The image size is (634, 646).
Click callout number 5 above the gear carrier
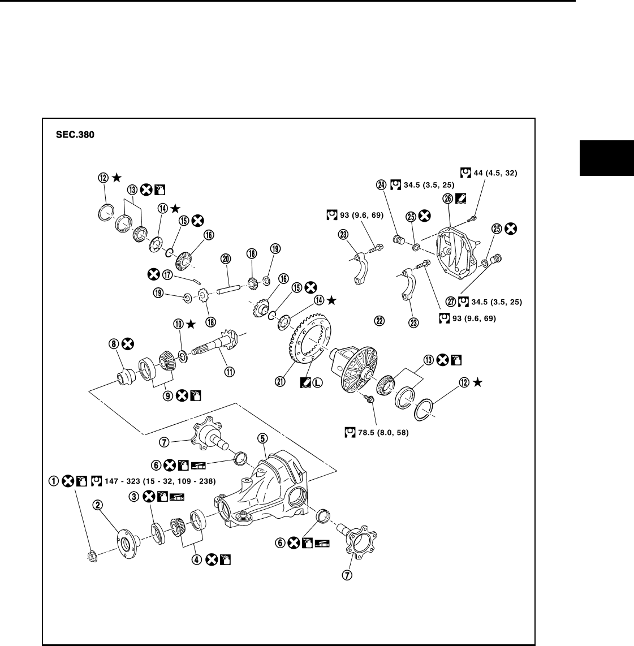click(x=262, y=438)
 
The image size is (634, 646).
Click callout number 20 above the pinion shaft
click(x=226, y=259)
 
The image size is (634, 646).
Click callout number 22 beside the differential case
click(x=379, y=321)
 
